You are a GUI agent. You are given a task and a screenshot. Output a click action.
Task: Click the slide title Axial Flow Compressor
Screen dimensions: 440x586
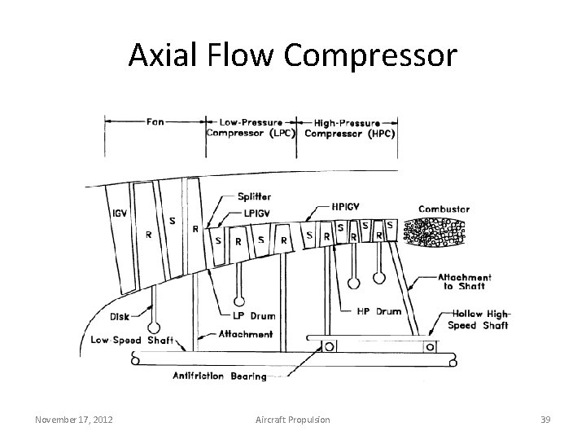(293, 55)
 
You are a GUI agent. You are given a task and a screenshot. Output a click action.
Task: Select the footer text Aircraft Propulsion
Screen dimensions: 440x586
(293, 419)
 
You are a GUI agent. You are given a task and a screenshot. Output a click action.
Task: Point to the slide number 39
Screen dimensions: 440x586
(546, 419)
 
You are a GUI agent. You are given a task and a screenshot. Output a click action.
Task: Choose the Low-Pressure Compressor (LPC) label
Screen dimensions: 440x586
(252, 127)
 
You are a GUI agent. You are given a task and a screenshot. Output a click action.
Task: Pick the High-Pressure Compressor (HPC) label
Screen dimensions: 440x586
(350, 127)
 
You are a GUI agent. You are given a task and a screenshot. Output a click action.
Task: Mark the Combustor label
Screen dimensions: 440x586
(444, 209)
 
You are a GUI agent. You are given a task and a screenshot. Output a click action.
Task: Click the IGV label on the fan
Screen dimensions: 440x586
(118, 216)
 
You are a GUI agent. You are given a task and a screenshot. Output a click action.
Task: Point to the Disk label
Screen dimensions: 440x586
(118, 317)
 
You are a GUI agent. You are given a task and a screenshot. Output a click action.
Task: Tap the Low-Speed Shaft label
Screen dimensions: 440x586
(132, 340)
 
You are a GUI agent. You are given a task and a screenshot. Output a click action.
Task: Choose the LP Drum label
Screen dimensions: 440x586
(249, 315)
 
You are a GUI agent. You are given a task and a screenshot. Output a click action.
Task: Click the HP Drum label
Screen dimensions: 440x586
(378, 310)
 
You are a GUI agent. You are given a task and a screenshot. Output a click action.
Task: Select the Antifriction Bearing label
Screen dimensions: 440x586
(220, 376)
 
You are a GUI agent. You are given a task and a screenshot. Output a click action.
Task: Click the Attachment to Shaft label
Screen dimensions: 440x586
(464, 282)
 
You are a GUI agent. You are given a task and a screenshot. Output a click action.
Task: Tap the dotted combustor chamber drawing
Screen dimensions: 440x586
(434, 232)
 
